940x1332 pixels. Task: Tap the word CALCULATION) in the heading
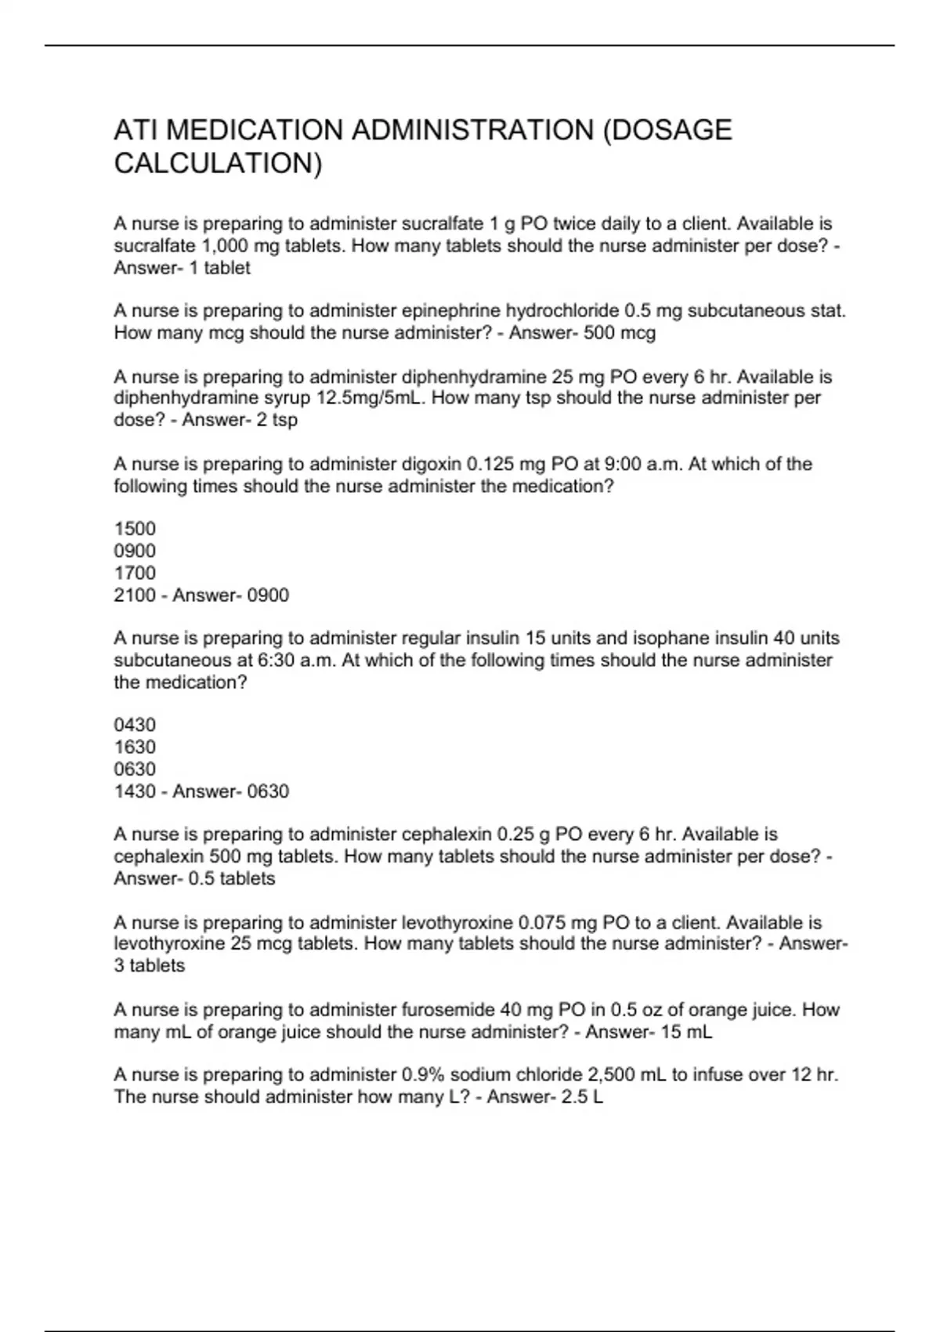click(218, 164)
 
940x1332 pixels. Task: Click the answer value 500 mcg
click(620, 333)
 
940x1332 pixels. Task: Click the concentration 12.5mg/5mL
click(368, 398)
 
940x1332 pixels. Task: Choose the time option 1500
click(135, 529)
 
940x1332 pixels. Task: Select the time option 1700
click(135, 573)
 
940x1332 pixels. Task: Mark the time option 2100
click(135, 595)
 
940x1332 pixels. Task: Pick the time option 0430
click(135, 725)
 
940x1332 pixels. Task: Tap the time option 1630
click(135, 747)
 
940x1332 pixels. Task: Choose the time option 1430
click(135, 791)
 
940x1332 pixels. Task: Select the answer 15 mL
click(686, 1032)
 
